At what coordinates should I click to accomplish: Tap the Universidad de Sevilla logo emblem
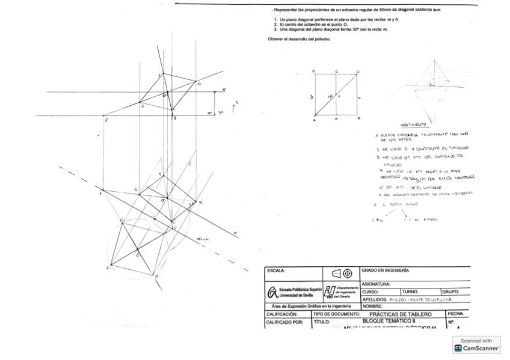pos(273,293)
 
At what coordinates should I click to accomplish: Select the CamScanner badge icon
pos(458,348)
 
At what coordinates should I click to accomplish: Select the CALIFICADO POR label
pos(282,323)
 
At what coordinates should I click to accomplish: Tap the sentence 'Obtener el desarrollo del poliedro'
pos(299,39)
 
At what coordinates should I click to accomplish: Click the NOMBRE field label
pos(373,306)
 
